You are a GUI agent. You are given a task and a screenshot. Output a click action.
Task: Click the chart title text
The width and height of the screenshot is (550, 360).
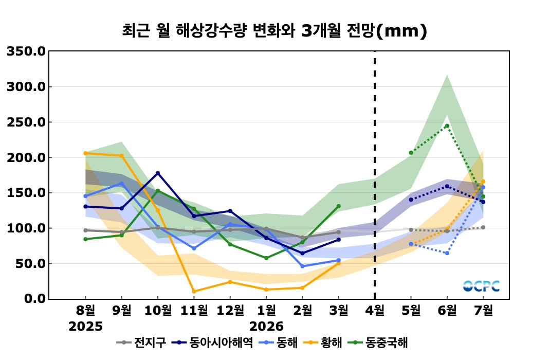[274, 31]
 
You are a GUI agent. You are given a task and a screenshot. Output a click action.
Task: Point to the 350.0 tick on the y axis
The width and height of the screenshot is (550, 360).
[26, 51]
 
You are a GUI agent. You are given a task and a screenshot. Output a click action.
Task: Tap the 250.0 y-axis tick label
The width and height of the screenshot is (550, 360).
[26, 122]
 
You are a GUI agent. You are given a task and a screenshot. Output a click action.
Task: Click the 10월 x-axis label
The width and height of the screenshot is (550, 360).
[158, 311]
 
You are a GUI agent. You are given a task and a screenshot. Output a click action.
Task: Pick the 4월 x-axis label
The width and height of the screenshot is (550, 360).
[375, 311]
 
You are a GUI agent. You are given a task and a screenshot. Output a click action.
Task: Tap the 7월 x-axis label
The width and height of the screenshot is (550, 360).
[483, 311]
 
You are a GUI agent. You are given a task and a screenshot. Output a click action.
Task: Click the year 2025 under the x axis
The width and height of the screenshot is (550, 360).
[86, 327]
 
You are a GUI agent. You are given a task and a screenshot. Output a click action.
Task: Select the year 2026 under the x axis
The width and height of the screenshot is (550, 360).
[266, 327]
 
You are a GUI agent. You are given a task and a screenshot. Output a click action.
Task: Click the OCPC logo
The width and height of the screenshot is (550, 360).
[481, 286]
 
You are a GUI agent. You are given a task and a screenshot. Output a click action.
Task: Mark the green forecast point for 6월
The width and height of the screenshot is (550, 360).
[447, 126]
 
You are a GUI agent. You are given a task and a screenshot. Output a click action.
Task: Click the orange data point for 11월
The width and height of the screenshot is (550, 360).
[194, 292]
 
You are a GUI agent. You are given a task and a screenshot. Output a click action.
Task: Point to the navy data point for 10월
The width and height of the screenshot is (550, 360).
[158, 173]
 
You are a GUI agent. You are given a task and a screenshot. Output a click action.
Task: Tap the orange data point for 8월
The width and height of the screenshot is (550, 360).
[85, 153]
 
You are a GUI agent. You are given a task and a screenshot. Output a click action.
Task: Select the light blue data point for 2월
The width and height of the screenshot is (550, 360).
[302, 266]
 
